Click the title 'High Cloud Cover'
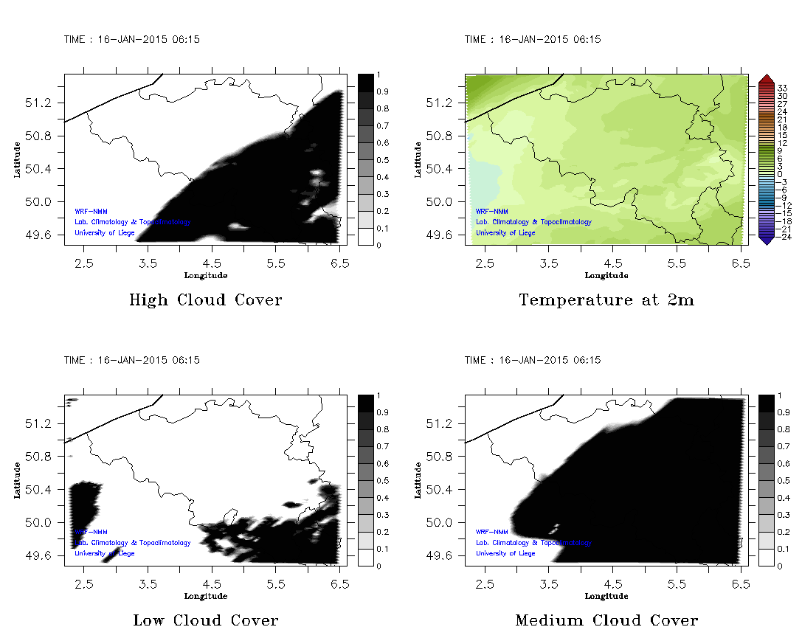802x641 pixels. tap(205, 300)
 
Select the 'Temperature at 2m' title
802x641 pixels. tap(606, 300)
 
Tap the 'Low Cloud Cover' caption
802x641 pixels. tap(205, 620)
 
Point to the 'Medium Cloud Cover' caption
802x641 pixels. tap(606, 620)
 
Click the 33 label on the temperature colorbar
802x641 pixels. tap(783, 88)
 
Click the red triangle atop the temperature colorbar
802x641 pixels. tap(766, 78)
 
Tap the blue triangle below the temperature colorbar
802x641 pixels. tap(766, 240)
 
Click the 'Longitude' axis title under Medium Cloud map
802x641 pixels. tap(606, 596)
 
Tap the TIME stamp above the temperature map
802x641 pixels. tap(532, 40)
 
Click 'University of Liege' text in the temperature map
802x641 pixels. tap(505, 233)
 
